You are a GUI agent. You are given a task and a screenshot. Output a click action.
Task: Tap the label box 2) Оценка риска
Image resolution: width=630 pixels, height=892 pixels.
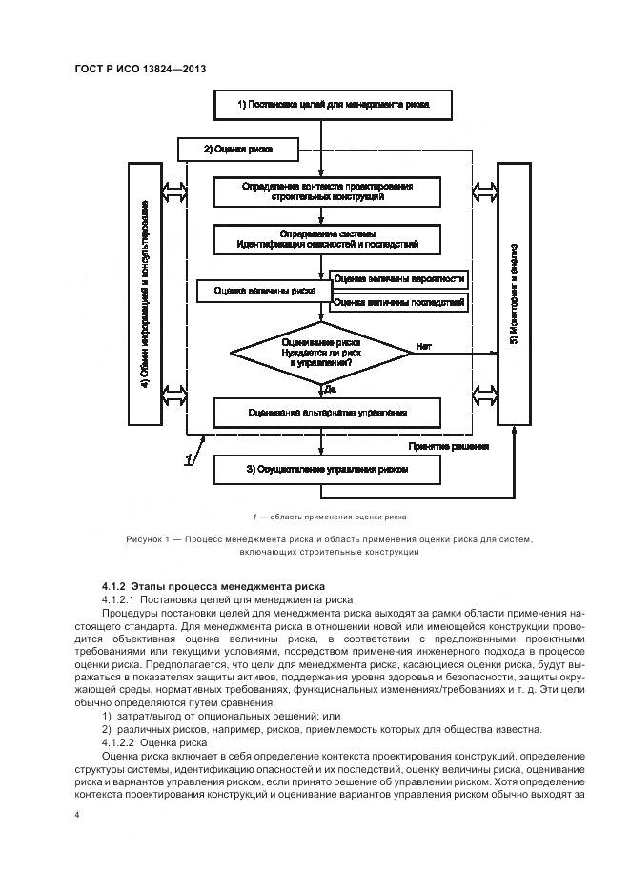pos(238,150)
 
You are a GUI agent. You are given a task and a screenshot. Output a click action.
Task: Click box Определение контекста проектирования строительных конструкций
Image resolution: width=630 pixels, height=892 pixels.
pos(327,192)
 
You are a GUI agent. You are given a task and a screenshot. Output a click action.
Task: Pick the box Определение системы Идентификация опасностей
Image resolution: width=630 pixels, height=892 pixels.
pos(327,239)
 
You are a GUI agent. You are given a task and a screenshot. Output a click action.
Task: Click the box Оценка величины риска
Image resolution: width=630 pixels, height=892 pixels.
pos(264,291)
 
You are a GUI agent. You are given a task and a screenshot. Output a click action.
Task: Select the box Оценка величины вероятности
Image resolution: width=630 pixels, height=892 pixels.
pos(399,279)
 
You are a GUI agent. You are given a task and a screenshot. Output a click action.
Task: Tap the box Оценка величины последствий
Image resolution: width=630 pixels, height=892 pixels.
pos(399,303)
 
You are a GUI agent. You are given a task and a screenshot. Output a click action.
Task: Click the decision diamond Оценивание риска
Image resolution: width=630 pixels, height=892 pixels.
pos(321,353)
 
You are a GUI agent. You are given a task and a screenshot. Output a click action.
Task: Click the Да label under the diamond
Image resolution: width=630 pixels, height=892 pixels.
pos(330,390)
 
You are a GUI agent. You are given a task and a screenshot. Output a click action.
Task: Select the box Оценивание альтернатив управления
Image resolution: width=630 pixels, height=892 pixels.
pos(327,413)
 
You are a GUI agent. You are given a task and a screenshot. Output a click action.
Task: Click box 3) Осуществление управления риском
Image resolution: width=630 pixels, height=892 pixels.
pos(327,469)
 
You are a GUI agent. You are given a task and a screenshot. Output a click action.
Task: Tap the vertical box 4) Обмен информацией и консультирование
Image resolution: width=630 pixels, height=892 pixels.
pos(145,294)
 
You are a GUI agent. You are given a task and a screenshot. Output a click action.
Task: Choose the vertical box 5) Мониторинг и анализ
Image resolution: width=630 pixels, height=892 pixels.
pos(513,294)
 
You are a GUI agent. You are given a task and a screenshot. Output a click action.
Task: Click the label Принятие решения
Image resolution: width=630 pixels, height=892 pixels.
pos(449,446)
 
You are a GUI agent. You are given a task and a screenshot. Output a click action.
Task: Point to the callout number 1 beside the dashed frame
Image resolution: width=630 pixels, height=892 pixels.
pos(190,460)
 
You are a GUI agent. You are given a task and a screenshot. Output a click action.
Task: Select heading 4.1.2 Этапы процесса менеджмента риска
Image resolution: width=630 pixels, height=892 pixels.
pos(213,585)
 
